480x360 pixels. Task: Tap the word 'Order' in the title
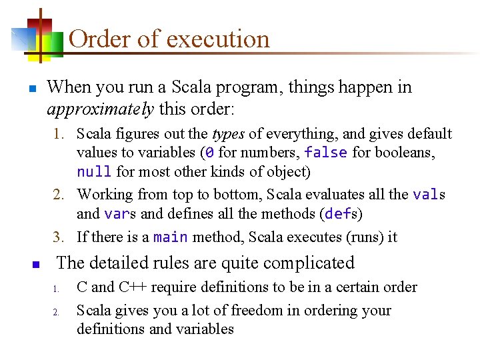point(100,39)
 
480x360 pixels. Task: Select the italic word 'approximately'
point(100,109)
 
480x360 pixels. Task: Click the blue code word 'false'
point(325,153)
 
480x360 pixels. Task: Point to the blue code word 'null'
point(94,172)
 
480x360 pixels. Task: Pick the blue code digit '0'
point(209,153)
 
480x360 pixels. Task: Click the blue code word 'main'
point(170,237)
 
